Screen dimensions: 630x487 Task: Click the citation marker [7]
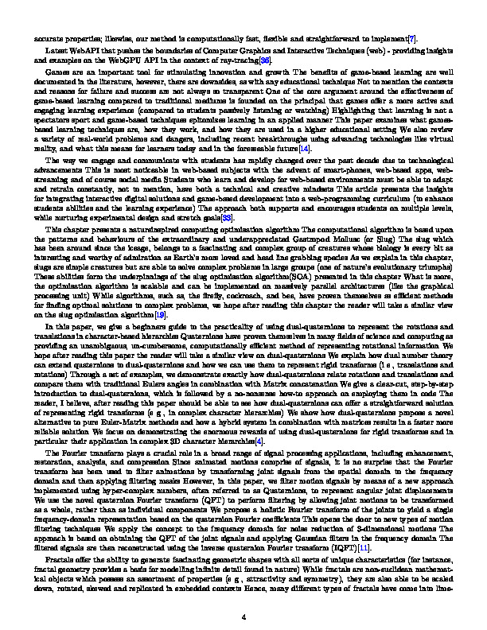(x=411, y=37)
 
